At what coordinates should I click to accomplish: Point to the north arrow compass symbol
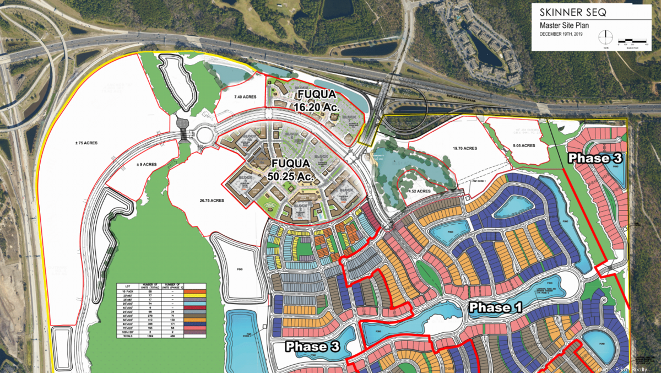[x=606, y=36]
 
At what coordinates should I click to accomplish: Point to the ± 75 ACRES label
[x=86, y=143]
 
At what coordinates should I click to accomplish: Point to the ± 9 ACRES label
[x=148, y=164]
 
